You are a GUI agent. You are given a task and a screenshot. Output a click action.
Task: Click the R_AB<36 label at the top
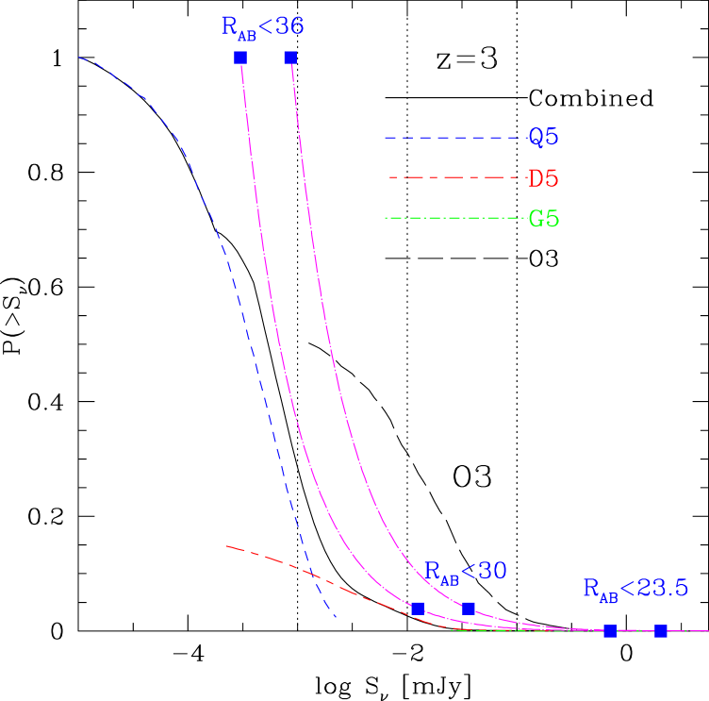tap(262, 27)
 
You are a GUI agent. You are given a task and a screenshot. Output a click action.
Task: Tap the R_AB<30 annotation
tap(465, 572)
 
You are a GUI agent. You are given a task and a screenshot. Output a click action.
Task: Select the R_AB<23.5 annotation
tap(635, 590)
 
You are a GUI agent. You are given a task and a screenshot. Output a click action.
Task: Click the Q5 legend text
tap(543, 138)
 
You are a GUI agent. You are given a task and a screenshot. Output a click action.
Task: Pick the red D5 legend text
tap(543, 178)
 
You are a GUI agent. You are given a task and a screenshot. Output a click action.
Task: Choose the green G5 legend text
tap(544, 220)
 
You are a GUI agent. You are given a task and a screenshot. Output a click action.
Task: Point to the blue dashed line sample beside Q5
tap(453, 139)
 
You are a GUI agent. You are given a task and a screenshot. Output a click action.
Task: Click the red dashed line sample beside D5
tap(456, 178)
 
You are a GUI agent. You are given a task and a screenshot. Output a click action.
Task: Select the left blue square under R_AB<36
tap(240, 58)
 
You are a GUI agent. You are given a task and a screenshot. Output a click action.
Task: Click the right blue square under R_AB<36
tap(290, 58)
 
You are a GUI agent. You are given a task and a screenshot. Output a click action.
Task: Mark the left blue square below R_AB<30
tap(418, 609)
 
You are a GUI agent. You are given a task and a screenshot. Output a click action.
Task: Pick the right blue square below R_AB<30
tap(469, 609)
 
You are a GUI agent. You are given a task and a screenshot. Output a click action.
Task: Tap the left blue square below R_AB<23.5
tap(610, 630)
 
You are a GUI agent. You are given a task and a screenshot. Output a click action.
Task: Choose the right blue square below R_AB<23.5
tap(661, 630)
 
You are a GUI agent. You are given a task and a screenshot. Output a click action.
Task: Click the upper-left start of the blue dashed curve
tap(79, 58)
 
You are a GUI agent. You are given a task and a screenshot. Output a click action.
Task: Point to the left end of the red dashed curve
tap(227, 546)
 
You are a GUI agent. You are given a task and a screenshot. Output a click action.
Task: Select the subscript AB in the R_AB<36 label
tap(245, 35)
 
